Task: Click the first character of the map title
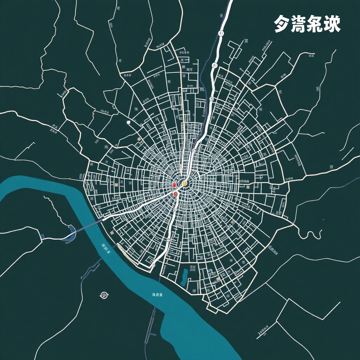tap(282, 24)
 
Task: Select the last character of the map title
tap(332, 24)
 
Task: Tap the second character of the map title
tap(298, 24)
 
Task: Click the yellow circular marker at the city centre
tap(185, 183)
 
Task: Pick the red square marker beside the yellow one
tap(174, 185)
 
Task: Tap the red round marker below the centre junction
tap(175, 194)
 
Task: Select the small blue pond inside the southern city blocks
tap(184, 277)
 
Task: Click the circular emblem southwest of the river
tap(104, 295)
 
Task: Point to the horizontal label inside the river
tap(157, 294)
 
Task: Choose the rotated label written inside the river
tap(105, 248)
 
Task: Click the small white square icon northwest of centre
tap(128, 122)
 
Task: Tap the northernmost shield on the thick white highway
tap(221, 33)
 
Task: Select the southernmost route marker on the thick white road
tap(153, 264)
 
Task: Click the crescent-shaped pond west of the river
tap(71, 234)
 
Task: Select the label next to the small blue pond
tap(193, 269)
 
